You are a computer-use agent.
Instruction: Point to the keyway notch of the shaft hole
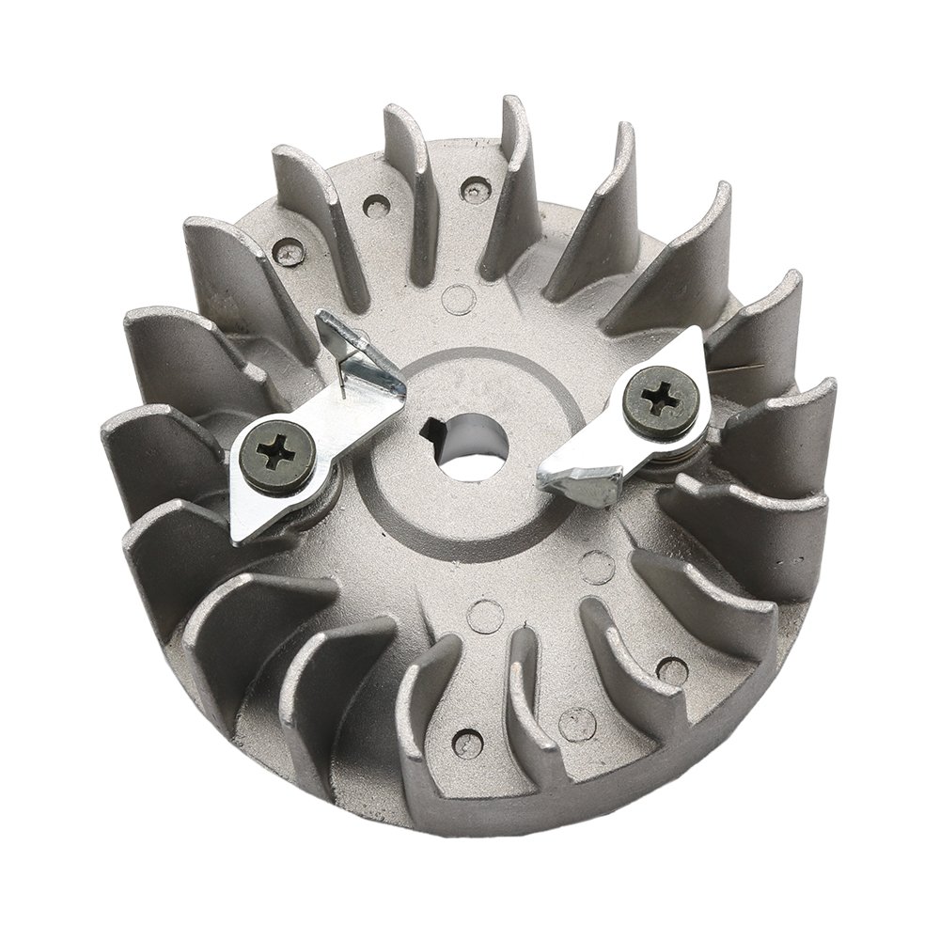433,431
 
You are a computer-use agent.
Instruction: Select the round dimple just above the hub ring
458,299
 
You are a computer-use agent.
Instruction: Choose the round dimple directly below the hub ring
485,616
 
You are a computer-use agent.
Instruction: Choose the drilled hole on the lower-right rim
671,669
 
